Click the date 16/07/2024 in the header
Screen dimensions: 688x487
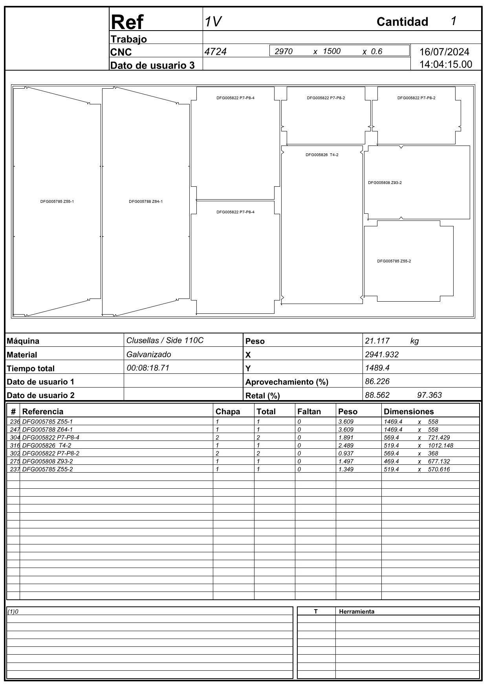444,52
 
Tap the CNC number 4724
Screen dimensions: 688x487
216,52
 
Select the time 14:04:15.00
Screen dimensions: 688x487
446,65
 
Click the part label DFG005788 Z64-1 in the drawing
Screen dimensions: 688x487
146,202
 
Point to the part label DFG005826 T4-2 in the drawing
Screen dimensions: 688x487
322,155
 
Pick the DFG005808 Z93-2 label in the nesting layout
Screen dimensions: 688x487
384,183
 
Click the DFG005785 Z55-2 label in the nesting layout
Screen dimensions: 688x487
394,261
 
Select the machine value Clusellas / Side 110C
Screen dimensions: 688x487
165,340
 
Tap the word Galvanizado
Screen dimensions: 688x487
149,355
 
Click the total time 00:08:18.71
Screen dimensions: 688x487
148,368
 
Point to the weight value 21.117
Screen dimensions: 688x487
377,341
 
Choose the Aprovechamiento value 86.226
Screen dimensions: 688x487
377,381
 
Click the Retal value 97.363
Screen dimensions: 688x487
429,395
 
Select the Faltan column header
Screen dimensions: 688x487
309,411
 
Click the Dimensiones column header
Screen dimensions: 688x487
408,411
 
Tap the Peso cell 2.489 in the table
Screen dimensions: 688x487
346,446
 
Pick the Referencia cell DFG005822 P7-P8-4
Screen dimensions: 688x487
51,438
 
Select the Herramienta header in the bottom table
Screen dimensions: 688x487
357,612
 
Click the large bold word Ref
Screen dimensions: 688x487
127,22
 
